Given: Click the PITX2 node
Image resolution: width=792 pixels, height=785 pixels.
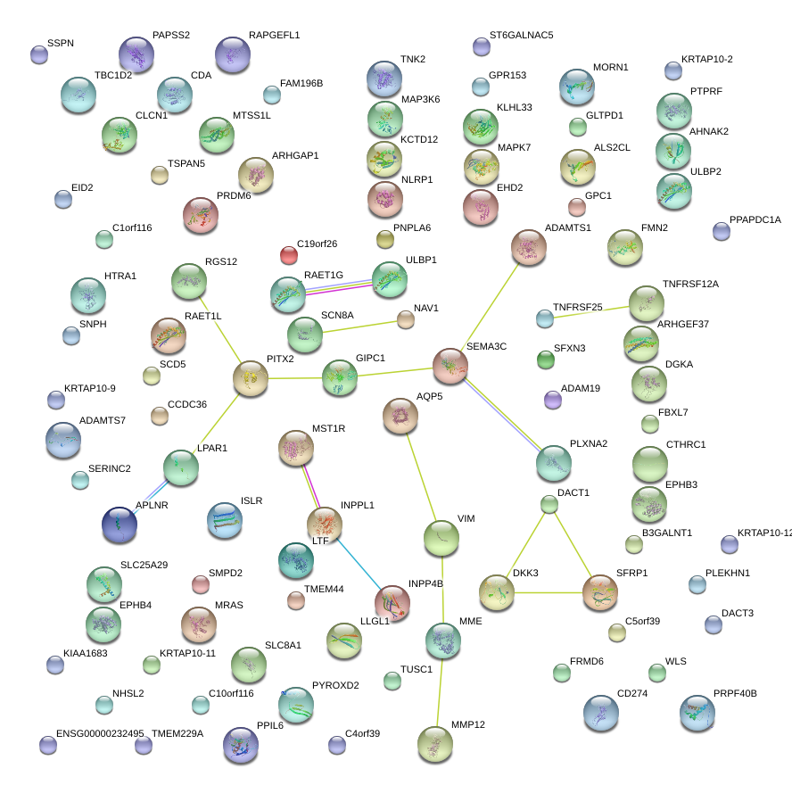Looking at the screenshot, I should (x=251, y=379).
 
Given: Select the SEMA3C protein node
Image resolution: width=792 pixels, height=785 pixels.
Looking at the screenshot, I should (x=450, y=366).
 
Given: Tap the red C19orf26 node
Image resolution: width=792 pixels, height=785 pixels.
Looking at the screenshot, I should (x=288, y=256).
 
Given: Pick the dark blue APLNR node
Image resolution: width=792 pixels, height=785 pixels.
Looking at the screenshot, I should (x=120, y=525).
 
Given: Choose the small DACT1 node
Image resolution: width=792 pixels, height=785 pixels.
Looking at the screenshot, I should (x=549, y=505).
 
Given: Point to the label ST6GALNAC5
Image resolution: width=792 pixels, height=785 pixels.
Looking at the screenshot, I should (x=521, y=36).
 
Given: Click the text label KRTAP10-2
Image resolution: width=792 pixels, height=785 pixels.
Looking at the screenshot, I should (x=706, y=60).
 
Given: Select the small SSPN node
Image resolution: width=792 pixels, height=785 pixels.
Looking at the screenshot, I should (x=39, y=54).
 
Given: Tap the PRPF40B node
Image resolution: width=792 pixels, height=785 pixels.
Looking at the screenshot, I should (x=697, y=712).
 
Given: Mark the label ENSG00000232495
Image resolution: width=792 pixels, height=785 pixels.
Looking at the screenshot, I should (x=99, y=733).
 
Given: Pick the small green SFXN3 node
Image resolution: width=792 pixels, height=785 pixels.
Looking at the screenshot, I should (x=546, y=359).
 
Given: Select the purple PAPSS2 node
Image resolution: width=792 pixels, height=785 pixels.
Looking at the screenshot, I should (x=136, y=54).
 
